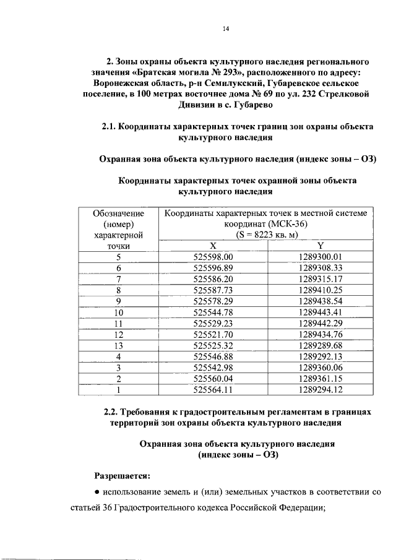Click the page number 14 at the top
[x=226, y=29]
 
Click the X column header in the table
[x=213, y=246]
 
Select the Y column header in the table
[x=320, y=246]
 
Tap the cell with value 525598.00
[x=213, y=257]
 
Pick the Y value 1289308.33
[x=320, y=268]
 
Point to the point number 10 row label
[x=119, y=312]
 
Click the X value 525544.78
[x=213, y=312]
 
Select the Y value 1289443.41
[x=320, y=312]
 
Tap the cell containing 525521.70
[x=213, y=335]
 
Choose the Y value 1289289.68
[x=320, y=346]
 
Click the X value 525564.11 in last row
[x=213, y=390]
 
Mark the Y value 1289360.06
[x=320, y=368]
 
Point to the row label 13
[x=119, y=346]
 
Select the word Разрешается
[x=122, y=475]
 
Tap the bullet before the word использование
[x=98, y=493]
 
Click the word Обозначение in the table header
[x=119, y=213]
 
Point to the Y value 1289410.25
[x=320, y=290]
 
